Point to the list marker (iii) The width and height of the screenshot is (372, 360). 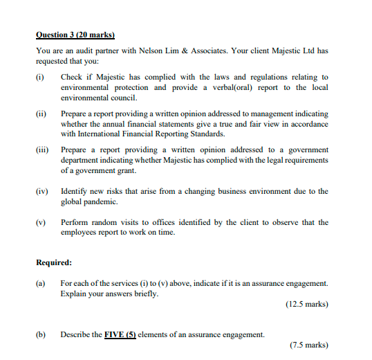pyautogui.click(x=41, y=150)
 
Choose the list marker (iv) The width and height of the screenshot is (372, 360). pyautogui.click(x=41, y=191)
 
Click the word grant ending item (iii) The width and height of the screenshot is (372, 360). pyautogui.click(x=137, y=170)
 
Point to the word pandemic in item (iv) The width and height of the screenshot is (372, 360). pyautogui.click(x=98, y=201)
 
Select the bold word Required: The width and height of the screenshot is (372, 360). pyautogui.click(x=54, y=262)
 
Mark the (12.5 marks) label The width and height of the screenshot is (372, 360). pyautogui.click(x=306, y=304)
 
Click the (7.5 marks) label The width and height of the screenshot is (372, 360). pyautogui.click(x=308, y=345)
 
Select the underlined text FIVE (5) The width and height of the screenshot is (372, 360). pyautogui.click(x=120, y=334)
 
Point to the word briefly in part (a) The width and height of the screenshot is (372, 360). pyautogui.click(x=147, y=294)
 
